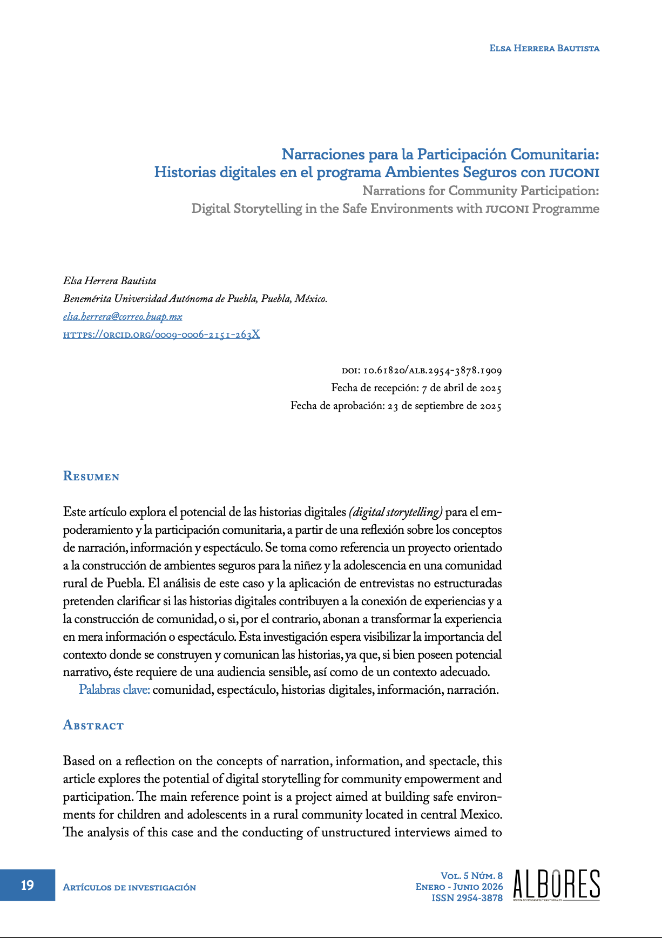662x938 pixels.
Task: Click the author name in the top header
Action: (x=544, y=48)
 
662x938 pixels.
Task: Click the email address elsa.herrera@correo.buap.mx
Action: (x=123, y=317)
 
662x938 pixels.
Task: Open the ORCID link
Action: (x=161, y=334)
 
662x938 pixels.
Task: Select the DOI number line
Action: (x=422, y=371)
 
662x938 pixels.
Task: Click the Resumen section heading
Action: (x=91, y=476)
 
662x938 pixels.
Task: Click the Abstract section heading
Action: (x=93, y=725)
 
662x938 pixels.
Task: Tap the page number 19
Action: (x=27, y=885)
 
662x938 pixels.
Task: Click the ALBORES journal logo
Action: (x=556, y=885)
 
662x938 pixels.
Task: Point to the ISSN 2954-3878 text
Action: (x=467, y=898)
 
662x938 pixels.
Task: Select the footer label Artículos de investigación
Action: (x=130, y=887)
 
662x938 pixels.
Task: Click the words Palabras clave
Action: (x=114, y=690)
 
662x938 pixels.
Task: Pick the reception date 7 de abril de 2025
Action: (x=462, y=388)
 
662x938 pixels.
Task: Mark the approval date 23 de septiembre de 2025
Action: (x=444, y=406)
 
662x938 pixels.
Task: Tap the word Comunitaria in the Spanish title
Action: (x=555, y=155)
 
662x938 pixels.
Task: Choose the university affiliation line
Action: (x=195, y=299)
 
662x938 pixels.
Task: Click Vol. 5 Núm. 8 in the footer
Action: (x=471, y=875)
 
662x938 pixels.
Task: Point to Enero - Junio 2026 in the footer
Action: (x=459, y=887)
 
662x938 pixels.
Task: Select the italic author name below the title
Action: (x=110, y=281)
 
